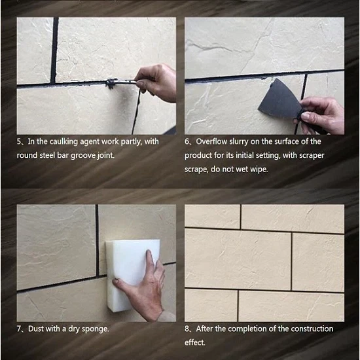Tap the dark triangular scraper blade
point(279,100)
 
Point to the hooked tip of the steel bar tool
point(111,84)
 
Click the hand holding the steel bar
point(156,82)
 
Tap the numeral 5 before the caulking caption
point(19,141)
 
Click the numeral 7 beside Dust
point(19,329)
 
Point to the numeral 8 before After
point(187,329)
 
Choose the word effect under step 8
point(194,342)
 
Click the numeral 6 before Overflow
point(187,141)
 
